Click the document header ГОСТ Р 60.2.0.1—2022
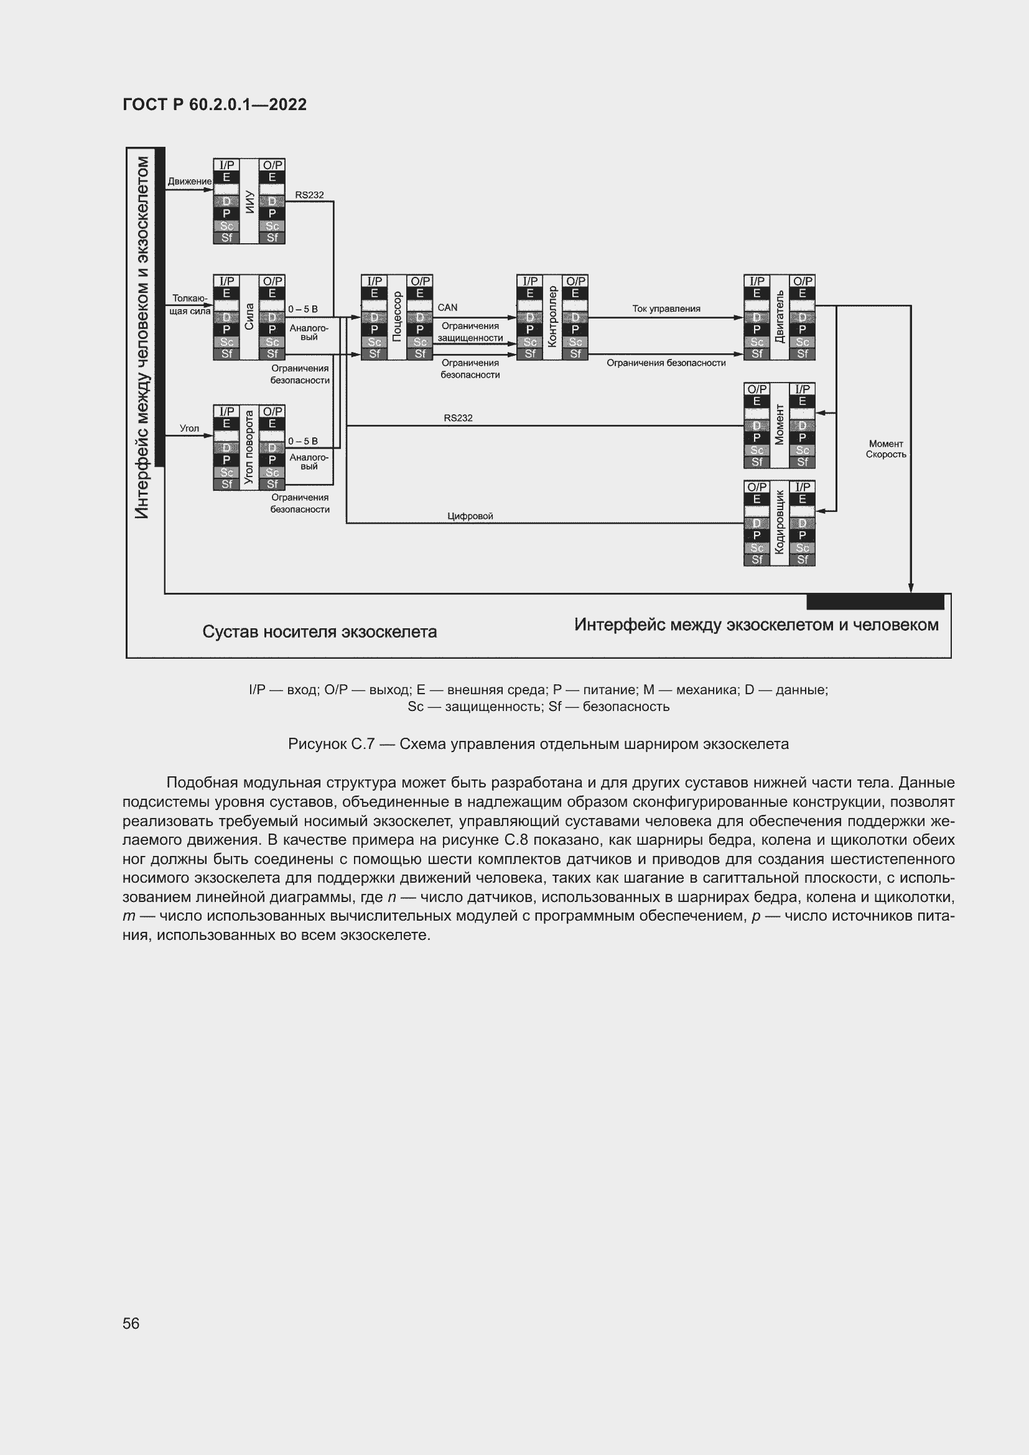pyautogui.click(x=214, y=105)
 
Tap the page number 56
pyautogui.click(x=131, y=1323)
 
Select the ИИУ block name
pyautogui.click(x=249, y=201)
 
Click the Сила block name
pyautogui.click(x=249, y=317)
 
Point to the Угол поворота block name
pyautogui.click(x=249, y=447)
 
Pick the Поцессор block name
pyautogui.click(x=398, y=317)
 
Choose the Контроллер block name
pyautogui.click(x=552, y=317)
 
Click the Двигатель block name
pyautogui.click(x=780, y=317)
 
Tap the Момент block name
pyautogui.click(x=780, y=425)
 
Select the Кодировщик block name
pyautogui.click(x=780, y=523)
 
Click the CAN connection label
pyautogui.click(x=447, y=307)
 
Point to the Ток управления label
pyautogui.click(x=666, y=309)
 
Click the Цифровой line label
pyautogui.click(x=470, y=516)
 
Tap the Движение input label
pyautogui.click(x=190, y=181)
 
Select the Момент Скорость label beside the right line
pyautogui.click(x=886, y=449)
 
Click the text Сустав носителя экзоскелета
pyautogui.click(x=319, y=632)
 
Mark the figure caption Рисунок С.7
pyautogui.click(x=538, y=744)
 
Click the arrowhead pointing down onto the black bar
pyautogui.click(x=911, y=587)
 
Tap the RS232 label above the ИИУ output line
pyautogui.click(x=309, y=195)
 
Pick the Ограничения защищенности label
pyautogui.click(x=470, y=332)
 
